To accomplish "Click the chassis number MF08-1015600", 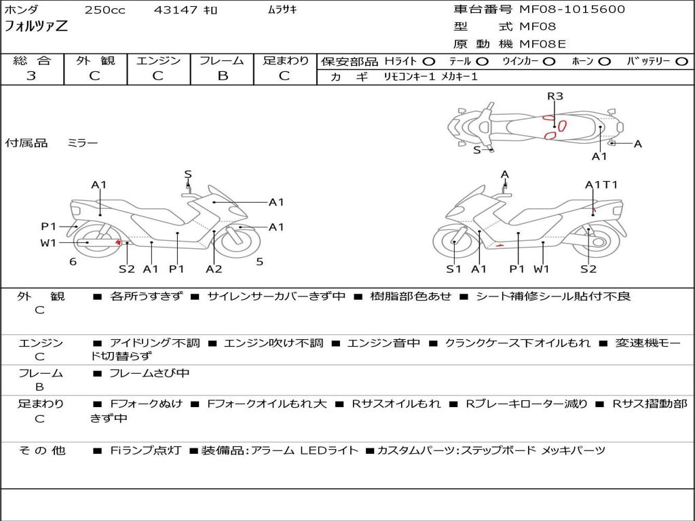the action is point(571,9).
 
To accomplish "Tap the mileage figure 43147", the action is point(175,9).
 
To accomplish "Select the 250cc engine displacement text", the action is point(105,9).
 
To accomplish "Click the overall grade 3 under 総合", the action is point(31,76).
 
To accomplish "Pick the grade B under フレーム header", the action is point(223,76).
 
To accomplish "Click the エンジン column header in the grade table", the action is point(158,60).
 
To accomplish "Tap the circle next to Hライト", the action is point(429,62).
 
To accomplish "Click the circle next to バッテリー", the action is point(681,62).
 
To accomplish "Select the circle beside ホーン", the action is point(605,62).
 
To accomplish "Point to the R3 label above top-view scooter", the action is point(555,96).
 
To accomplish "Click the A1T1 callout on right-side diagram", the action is point(601,185).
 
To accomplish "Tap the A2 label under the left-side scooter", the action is point(214,269).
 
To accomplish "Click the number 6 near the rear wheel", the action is point(73,262).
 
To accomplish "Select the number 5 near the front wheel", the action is point(260,262).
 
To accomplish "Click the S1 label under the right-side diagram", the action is point(453,269).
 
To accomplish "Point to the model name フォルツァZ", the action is point(36,26).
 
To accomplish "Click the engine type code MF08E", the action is point(542,44).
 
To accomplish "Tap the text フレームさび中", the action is point(149,374).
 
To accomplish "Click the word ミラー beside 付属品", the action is point(82,143).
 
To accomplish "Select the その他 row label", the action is point(41,450).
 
